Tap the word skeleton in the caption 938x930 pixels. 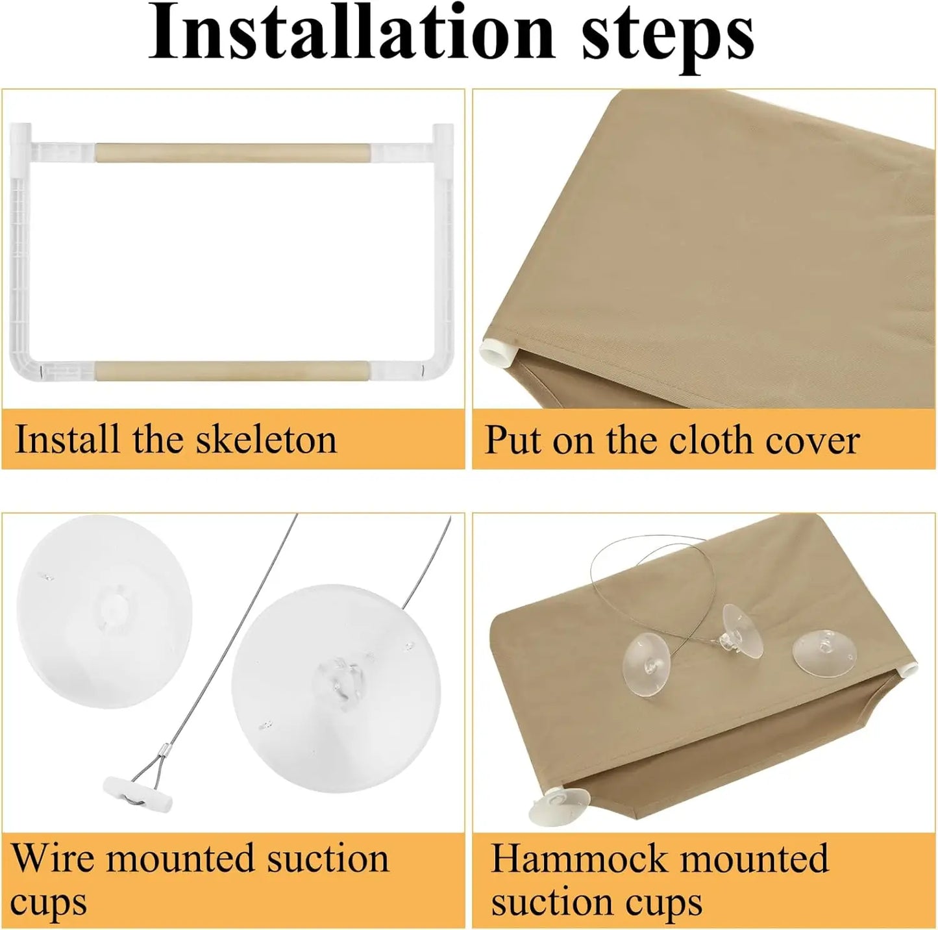tap(267, 440)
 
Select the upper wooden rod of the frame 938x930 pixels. tap(232, 153)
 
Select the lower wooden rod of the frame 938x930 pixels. tap(232, 371)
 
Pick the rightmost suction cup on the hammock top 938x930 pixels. tap(822, 649)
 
